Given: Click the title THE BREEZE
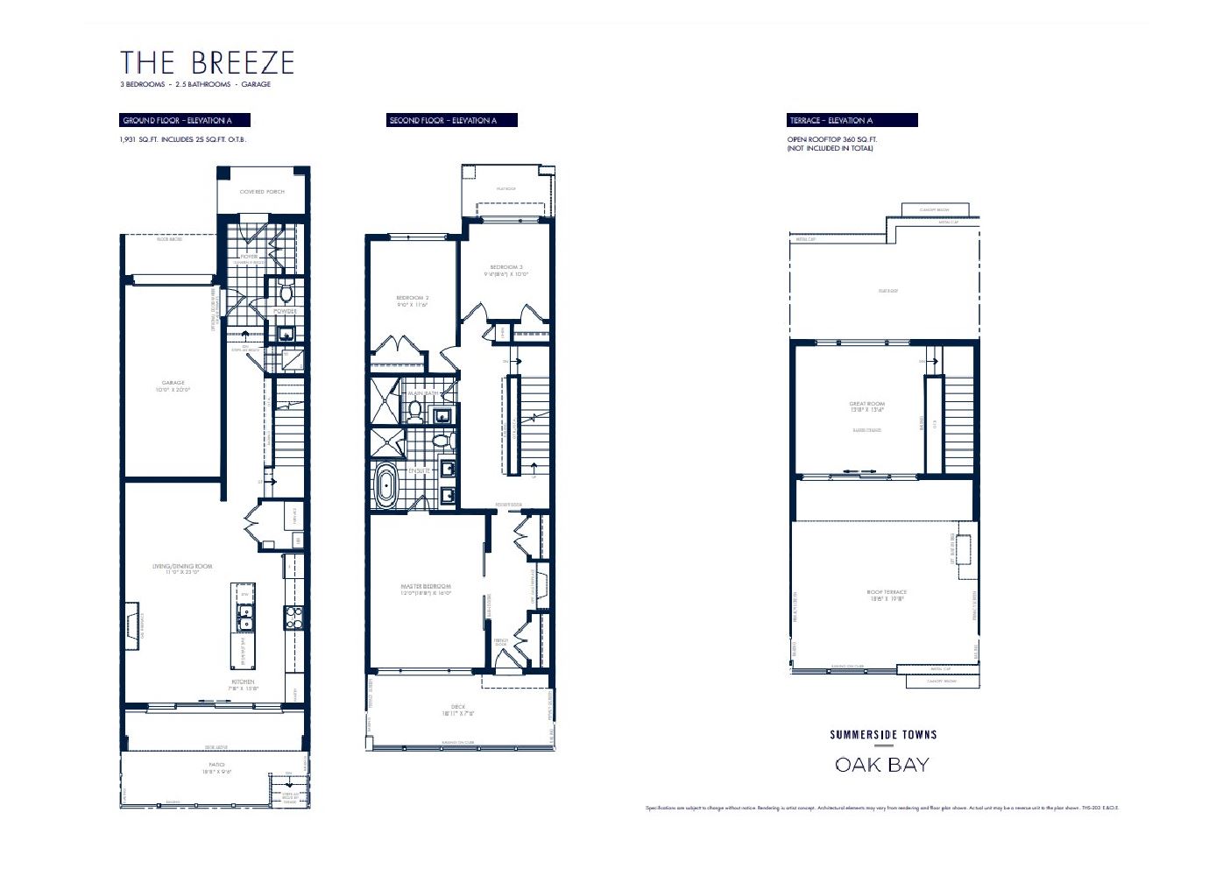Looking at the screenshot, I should tap(207, 63).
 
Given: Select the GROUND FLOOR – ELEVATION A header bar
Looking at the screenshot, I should tap(185, 120).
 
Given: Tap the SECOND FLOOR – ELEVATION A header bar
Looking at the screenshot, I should tap(452, 120).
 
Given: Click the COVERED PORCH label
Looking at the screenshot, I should tap(262, 191).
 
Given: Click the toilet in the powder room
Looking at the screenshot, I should tap(285, 290).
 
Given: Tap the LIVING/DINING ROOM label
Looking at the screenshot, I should tap(182, 569).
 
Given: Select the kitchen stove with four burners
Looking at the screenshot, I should tap(293, 618).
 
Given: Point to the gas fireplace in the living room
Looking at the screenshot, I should tap(131, 625).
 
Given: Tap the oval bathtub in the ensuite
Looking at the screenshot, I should tap(385, 485).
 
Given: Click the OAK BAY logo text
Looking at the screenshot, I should tap(882, 765).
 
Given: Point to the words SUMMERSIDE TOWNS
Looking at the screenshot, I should tap(883, 735).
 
